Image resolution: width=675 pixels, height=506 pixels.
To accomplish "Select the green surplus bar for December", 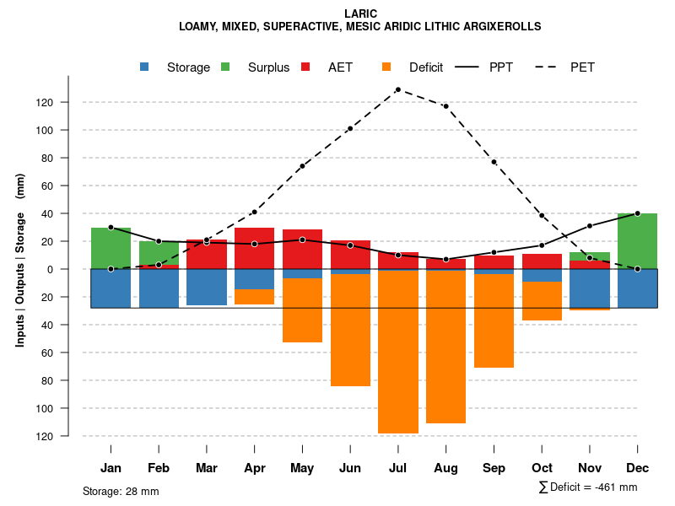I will [637, 241].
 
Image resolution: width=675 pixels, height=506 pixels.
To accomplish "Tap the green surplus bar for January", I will [111, 248].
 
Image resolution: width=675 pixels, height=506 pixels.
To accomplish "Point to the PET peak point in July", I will [397, 89].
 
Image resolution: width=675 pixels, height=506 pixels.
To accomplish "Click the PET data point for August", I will [445, 106].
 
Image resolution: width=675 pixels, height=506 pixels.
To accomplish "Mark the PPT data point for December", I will [637, 213].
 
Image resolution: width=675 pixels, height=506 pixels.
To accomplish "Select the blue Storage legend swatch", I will [145, 67].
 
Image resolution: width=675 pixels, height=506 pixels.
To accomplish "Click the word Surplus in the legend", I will [268, 67].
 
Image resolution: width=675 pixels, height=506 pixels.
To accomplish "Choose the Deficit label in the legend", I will [426, 67].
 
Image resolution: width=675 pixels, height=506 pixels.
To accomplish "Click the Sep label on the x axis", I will [494, 468].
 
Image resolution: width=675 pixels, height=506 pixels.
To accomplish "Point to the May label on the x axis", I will [302, 468].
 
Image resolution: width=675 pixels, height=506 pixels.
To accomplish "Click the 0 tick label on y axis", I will [73, 269].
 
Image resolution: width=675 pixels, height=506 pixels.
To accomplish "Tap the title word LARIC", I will [360, 13].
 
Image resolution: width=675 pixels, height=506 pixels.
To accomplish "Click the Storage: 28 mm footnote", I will [121, 491].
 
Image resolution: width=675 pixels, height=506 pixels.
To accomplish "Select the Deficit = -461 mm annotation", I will [588, 487].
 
